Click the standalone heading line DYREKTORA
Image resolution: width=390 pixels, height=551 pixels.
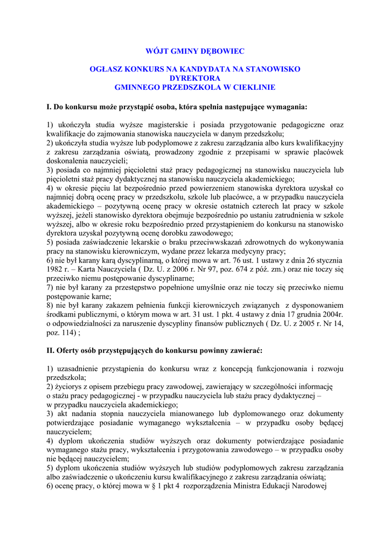point(195,78)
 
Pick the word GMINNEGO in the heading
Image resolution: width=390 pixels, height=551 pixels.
point(136,87)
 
